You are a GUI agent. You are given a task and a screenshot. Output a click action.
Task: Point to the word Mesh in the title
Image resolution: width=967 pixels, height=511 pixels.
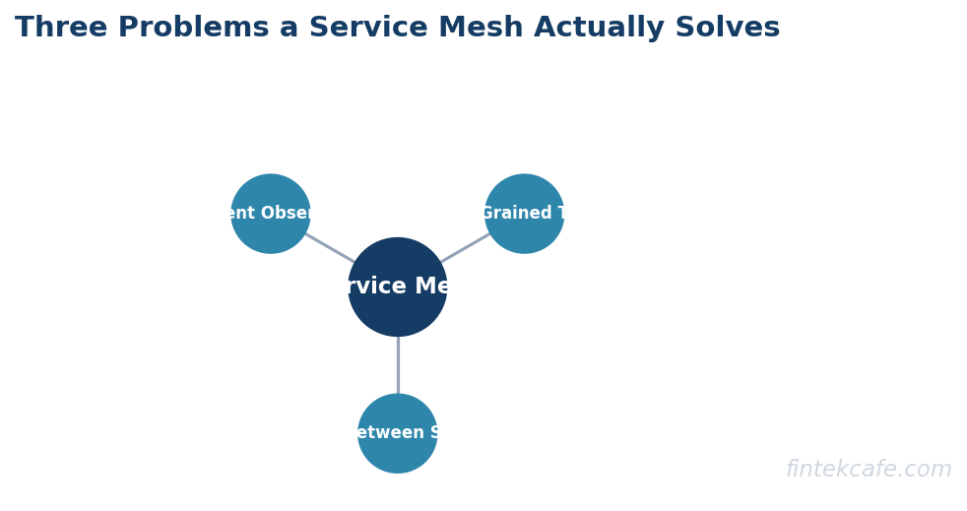click(x=478, y=29)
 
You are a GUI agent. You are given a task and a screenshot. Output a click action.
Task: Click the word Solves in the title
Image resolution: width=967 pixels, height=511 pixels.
click(x=727, y=29)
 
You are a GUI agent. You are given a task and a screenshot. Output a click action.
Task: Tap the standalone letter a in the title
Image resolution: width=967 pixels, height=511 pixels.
click(x=289, y=30)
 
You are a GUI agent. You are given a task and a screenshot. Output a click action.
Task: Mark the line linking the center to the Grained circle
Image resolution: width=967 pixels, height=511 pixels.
click(x=464, y=248)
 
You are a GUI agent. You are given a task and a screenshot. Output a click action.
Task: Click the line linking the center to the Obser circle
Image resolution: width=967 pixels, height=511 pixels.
click(x=330, y=248)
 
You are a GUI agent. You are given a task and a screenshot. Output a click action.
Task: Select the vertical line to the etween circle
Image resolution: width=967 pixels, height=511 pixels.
click(x=398, y=364)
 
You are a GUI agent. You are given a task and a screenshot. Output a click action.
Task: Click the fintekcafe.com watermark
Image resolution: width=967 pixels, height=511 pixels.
click(x=868, y=470)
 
